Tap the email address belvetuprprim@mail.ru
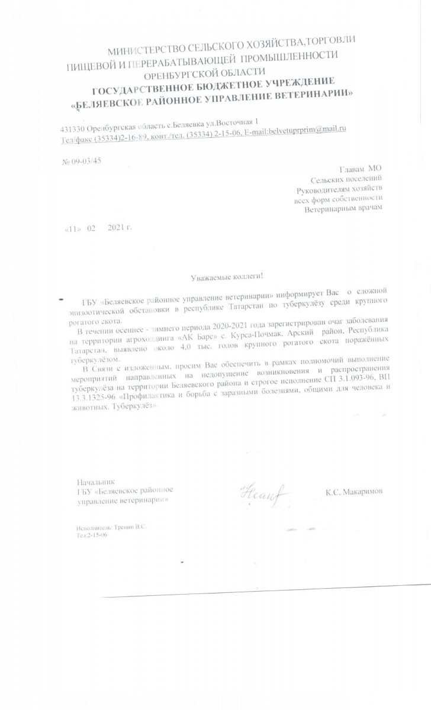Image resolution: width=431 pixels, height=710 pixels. coord(307,129)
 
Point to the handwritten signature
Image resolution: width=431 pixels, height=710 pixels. coord(262,492)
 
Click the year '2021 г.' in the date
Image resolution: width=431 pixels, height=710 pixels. coord(119,228)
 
